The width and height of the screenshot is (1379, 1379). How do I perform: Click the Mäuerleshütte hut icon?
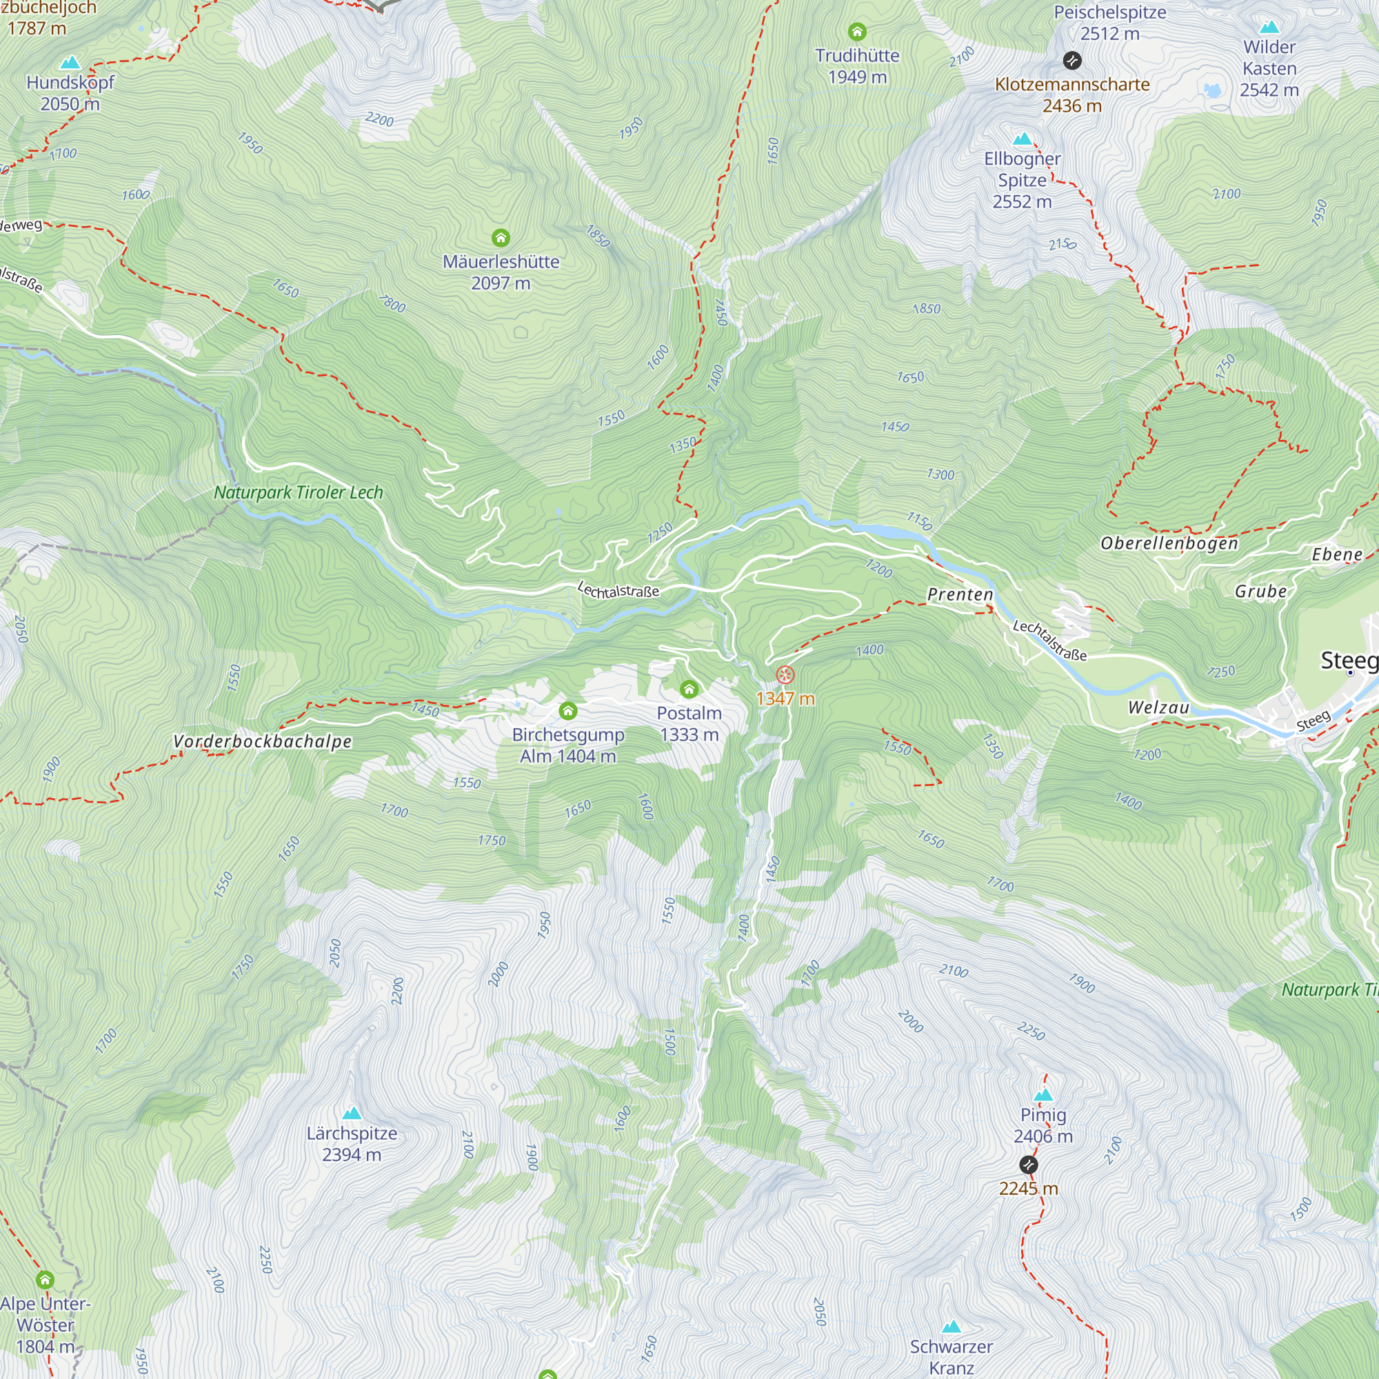[501, 238]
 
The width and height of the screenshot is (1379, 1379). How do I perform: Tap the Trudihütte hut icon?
[856, 32]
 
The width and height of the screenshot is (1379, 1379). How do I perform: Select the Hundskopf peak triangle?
[70, 63]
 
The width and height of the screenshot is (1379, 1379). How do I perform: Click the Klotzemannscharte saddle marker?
[1071, 61]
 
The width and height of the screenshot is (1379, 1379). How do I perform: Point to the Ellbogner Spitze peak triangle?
[1022, 139]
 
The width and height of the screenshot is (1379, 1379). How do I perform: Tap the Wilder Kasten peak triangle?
[1269, 28]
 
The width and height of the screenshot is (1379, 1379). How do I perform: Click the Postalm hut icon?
[688, 689]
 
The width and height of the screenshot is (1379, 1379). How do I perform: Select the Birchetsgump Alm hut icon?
[567, 710]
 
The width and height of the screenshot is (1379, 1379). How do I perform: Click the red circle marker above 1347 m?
[785, 674]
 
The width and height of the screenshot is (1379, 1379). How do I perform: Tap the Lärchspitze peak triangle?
[351, 1113]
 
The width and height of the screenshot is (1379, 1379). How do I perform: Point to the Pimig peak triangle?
[1043, 1095]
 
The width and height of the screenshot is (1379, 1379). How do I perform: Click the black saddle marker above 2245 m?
[1028, 1165]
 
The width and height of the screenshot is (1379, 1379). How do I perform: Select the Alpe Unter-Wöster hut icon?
[45, 1278]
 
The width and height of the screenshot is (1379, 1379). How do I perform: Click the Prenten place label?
[959, 594]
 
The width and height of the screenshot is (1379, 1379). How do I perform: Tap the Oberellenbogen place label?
[1169, 543]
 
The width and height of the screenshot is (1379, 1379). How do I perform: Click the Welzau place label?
[1158, 707]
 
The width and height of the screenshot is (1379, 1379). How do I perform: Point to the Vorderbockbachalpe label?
[262, 742]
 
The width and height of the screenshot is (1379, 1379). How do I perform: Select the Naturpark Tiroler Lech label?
[299, 492]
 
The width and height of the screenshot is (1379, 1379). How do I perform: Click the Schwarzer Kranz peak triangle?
[951, 1327]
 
